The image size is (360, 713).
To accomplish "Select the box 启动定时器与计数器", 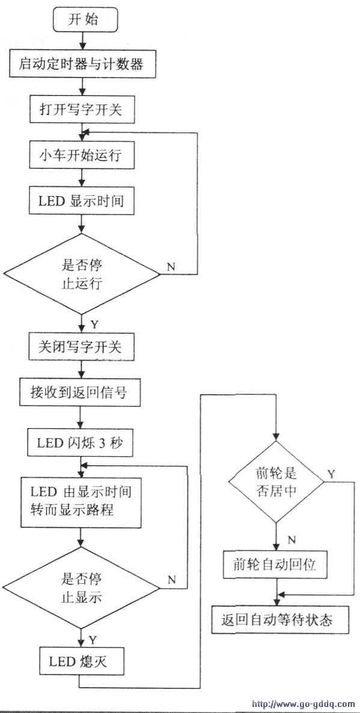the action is click(x=82, y=64).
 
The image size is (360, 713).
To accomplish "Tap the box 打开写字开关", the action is click(x=82, y=109).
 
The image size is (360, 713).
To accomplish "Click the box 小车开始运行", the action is click(x=82, y=156).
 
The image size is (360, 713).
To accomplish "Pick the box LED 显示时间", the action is click(x=82, y=201).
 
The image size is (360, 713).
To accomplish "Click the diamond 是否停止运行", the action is click(x=82, y=274).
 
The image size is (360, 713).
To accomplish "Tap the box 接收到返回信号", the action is click(x=81, y=393).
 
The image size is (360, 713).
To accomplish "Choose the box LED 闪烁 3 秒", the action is click(x=80, y=442).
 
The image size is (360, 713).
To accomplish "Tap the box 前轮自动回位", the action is click(x=276, y=565).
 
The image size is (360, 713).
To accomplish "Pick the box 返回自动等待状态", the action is click(x=280, y=620).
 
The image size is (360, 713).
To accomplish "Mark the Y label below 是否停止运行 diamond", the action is click(x=94, y=325).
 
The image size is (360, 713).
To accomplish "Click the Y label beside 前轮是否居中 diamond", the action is click(x=332, y=474).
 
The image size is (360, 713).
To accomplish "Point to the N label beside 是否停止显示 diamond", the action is click(x=171, y=580).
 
